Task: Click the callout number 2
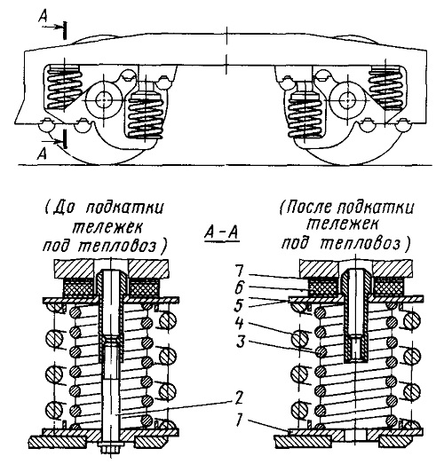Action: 237,398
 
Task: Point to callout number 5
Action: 239,306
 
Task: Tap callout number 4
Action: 239,324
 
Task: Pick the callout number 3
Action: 240,342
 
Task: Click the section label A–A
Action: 221,235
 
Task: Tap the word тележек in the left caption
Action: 107,227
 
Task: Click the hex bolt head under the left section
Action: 111,448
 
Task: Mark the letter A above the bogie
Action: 43,18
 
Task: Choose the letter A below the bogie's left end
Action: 42,153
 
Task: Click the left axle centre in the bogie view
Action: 104,100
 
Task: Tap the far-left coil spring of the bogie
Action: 64,87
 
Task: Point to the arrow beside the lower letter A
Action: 54,142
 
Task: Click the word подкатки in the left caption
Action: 125,208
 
